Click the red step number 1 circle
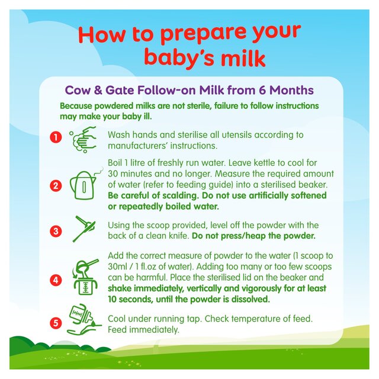pos(55,138)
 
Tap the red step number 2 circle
pos(55,186)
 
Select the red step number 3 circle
pos(55,231)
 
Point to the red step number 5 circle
pos(55,323)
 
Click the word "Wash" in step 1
pos(119,134)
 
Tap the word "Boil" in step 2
pos(117,169)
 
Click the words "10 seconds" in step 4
pos(130,300)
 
